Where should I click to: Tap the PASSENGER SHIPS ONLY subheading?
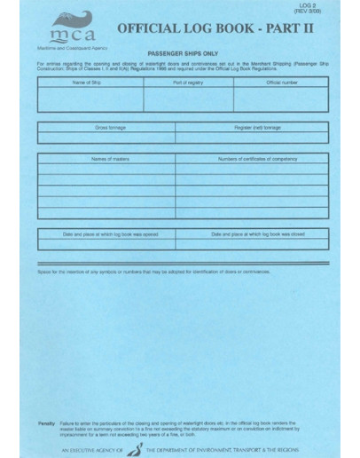coord(181,53)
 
